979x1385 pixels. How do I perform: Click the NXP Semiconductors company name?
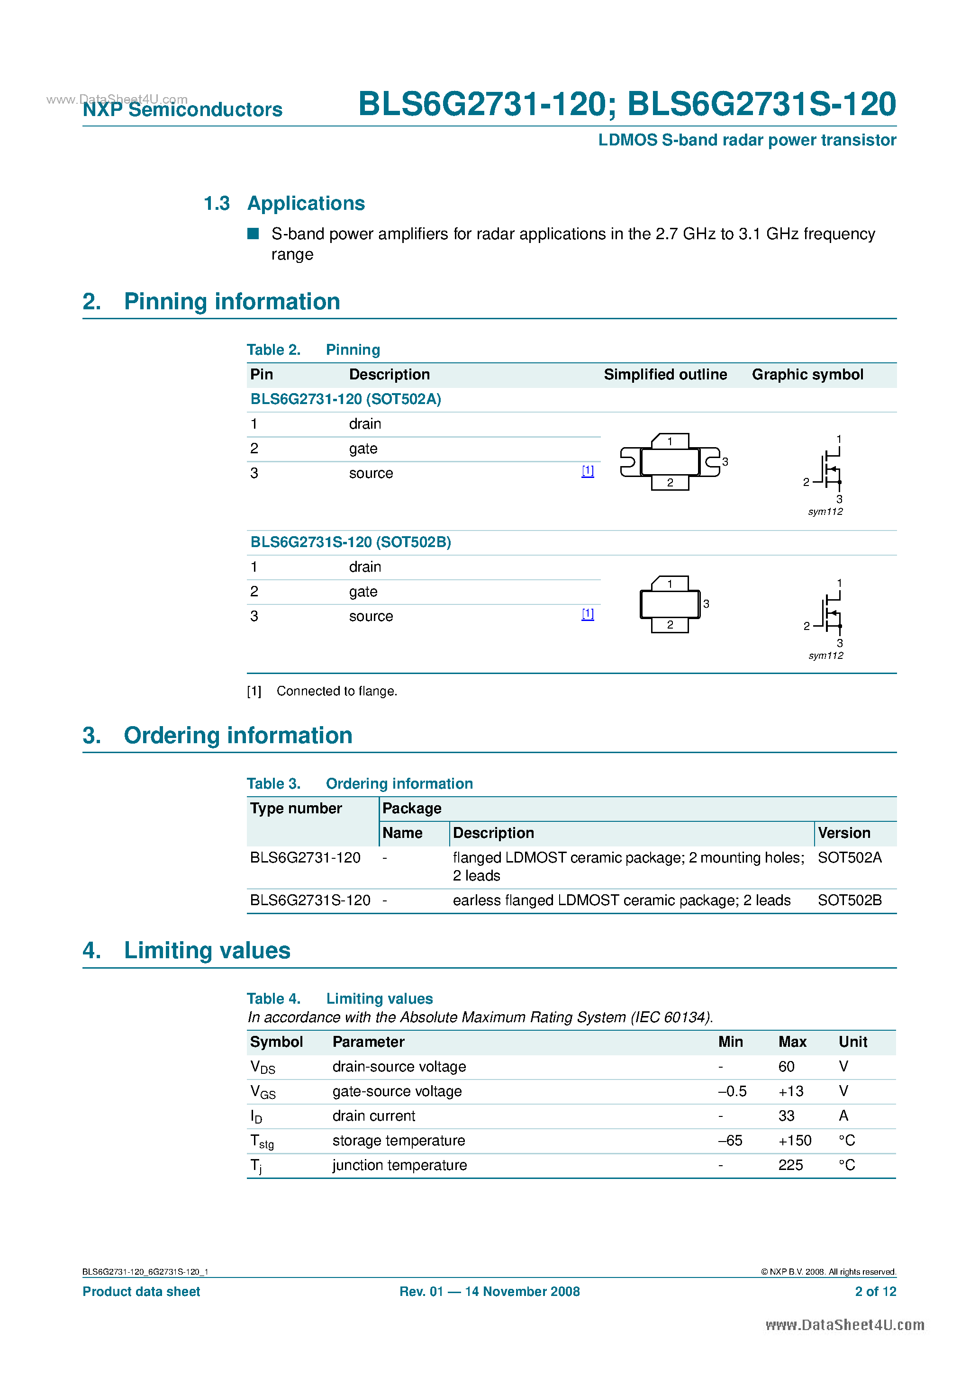click(182, 109)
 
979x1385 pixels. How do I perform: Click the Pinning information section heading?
click(232, 302)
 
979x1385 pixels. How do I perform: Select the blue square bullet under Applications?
click(254, 234)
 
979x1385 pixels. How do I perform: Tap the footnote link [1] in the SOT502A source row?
click(587, 471)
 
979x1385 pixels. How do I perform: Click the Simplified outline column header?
click(665, 375)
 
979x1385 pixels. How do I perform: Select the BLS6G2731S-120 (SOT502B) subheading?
click(351, 542)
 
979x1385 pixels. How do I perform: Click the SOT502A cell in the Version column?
click(849, 857)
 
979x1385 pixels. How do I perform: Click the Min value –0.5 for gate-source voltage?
click(732, 1091)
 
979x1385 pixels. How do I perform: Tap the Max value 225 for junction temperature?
click(790, 1165)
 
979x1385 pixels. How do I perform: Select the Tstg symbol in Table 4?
click(262, 1141)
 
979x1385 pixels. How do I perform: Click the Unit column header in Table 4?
click(852, 1042)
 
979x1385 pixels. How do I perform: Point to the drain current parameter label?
click(373, 1116)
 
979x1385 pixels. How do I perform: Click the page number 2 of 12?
click(875, 1292)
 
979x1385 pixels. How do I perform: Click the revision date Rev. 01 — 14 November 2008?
click(489, 1292)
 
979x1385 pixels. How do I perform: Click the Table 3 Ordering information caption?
click(360, 783)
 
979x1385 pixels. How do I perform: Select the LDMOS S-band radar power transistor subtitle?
click(747, 140)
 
